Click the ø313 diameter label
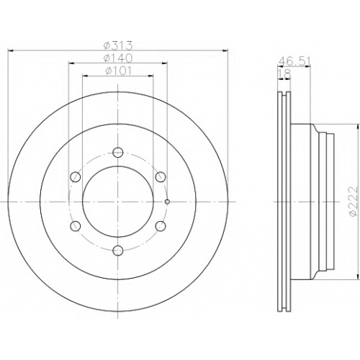(x=118, y=45)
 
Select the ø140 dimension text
(x=118, y=58)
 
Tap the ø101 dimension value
(x=118, y=71)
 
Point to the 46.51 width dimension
(x=294, y=61)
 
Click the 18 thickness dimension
(x=284, y=74)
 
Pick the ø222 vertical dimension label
(x=355, y=202)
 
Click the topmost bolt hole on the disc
(x=118, y=152)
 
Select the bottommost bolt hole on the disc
(x=118, y=251)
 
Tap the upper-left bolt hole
(x=76, y=177)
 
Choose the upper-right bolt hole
(x=161, y=177)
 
